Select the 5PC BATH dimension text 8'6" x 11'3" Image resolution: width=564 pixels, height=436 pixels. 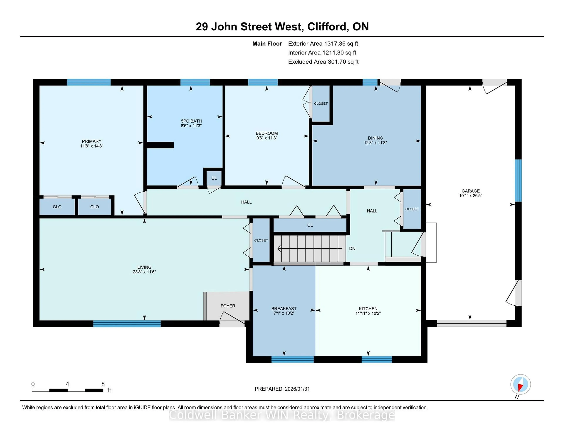click(x=191, y=126)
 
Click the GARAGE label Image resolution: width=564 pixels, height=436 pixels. click(x=471, y=191)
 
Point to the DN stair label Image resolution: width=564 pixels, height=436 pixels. click(x=352, y=248)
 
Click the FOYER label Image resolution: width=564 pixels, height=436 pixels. click(x=228, y=306)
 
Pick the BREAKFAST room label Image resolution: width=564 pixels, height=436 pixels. click(x=284, y=309)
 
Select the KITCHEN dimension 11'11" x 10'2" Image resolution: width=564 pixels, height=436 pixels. click(x=368, y=313)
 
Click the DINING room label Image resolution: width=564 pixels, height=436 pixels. click(x=375, y=138)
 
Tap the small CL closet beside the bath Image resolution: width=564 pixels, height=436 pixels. click(x=214, y=178)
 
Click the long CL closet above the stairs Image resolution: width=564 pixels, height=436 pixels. click(x=310, y=225)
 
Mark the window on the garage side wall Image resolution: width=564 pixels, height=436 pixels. click(x=518, y=180)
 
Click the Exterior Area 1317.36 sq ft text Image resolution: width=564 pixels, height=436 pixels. click(x=323, y=44)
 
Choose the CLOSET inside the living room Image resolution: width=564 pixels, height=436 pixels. click(x=261, y=240)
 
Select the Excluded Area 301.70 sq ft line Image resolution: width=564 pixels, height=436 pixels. click(x=323, y=62)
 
